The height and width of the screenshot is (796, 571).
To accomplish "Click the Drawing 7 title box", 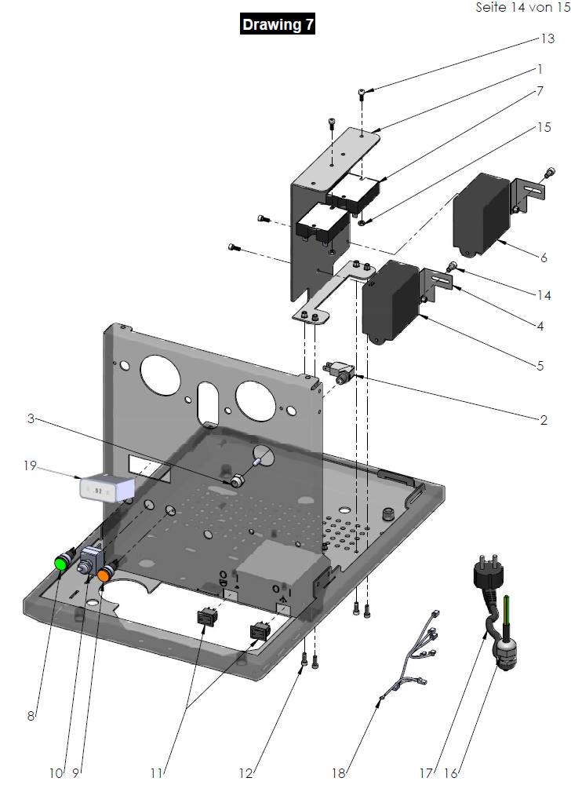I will [278, 24].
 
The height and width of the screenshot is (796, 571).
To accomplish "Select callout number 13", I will [547, 38].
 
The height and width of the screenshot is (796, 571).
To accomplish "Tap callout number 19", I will [30, 466].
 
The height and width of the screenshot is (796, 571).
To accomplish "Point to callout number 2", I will [543, 419].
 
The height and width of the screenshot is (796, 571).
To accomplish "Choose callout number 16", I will [451, 772].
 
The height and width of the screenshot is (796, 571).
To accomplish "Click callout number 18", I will [338, 772].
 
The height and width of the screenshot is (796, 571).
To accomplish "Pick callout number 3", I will [31, 418].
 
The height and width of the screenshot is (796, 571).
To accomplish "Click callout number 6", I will [543, 257].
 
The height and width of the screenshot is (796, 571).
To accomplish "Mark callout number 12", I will [246, 773].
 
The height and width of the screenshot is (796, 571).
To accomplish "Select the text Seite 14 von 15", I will [522, 7].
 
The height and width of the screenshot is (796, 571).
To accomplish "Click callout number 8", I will [31, 715].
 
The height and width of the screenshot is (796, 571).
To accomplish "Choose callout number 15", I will [544, 127].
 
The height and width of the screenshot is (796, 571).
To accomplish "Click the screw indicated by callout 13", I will [361, 94].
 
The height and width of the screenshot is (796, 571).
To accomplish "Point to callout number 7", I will [540, 90].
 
